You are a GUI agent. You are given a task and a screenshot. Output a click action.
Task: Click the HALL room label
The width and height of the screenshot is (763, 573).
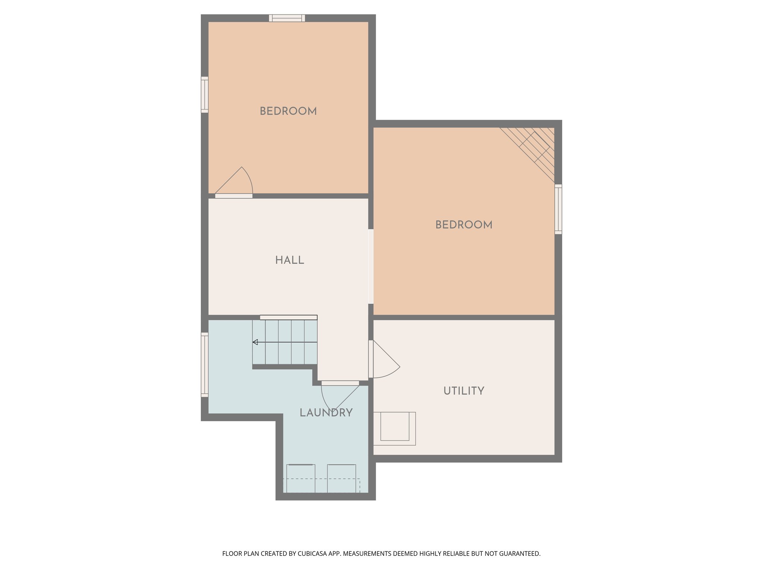[289, 260]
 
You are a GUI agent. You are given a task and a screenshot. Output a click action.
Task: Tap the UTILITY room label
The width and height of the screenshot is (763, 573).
[463, 391]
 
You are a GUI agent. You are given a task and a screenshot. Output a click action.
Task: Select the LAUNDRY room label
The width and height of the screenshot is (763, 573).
[326, 413]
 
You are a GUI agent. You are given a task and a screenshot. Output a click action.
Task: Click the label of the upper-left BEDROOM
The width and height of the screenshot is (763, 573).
[288, 111]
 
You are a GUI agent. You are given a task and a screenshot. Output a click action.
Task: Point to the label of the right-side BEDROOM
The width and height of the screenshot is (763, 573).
[463, 225]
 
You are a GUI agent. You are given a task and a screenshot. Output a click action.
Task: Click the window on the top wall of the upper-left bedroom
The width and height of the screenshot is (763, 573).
[287, 18]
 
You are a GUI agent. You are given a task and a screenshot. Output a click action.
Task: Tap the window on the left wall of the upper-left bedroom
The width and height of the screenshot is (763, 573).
[205, 95]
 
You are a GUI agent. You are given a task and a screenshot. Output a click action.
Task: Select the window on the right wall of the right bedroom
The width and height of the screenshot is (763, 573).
[558, 209]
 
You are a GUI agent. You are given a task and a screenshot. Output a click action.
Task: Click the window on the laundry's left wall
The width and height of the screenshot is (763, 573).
[205, 364]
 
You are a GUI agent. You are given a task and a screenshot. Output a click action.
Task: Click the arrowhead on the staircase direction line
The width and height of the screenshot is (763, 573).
[255, 342]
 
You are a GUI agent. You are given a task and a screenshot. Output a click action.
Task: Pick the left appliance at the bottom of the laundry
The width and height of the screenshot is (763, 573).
[301, 478]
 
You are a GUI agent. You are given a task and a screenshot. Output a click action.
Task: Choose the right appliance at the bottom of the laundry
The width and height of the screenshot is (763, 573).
[341, 478]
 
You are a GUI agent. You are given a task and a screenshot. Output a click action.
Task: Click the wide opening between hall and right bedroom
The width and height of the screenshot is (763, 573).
[371, 266]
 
